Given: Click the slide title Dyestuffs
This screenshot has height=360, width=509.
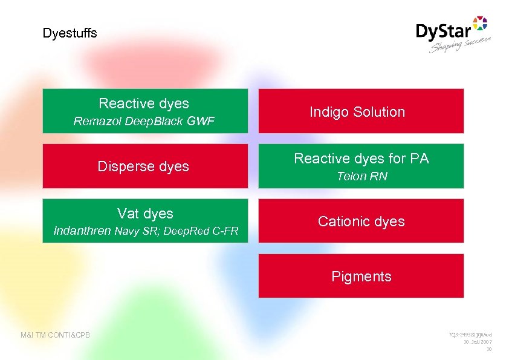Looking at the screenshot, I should tap(70, 33).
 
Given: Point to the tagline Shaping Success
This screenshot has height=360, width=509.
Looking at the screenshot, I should tap(460, 45).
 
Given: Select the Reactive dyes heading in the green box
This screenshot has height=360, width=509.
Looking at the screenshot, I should tap(144, 103).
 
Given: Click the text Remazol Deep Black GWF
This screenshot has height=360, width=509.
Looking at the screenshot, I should tap(144, 122).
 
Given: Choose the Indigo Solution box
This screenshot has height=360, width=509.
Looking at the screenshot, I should tap(361, 111).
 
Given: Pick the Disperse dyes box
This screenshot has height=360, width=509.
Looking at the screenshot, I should tap(144, 166).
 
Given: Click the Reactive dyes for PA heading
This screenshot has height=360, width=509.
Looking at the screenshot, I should tap(361, 159).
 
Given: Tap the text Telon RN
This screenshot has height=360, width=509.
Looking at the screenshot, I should tap(361, 177).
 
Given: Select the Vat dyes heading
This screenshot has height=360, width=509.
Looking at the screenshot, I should tap(145, 214).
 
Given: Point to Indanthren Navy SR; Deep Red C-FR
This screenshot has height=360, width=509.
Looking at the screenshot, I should tap(146, 231).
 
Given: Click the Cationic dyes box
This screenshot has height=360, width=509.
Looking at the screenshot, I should tap(361, 221).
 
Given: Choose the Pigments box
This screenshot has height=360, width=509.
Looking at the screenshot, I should tap(361, 277).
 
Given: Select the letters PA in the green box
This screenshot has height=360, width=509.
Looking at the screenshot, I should tap(419, 159).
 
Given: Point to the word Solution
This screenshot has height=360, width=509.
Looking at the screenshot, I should tap(380, 111).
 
